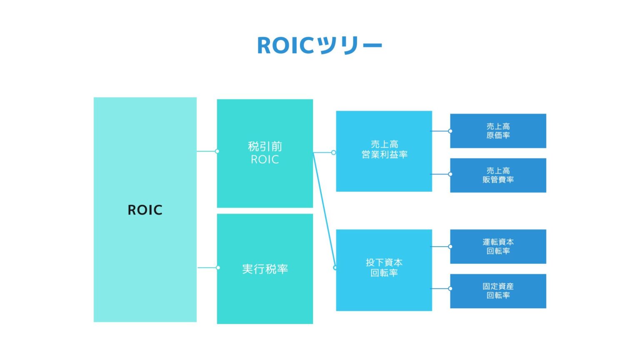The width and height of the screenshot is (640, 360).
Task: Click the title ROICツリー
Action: coord(320,45)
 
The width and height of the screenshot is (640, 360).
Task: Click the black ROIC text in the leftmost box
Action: coord(145,210)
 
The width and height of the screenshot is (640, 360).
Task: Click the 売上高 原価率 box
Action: coord(498,131)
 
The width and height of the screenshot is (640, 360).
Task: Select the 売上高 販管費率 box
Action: coord(498,175)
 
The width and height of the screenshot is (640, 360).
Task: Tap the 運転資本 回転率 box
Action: coord(498,247)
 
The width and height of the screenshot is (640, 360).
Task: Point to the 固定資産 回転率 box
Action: coord(498,291)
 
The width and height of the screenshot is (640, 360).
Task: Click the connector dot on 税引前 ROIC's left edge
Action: coord(217,151)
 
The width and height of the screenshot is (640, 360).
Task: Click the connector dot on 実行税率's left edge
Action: coord(217,267)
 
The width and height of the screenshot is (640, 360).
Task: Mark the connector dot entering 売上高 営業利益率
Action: coord(333,152)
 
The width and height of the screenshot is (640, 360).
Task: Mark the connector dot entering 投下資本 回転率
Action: coord(335,267)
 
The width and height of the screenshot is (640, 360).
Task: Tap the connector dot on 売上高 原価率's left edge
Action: coord(450,131)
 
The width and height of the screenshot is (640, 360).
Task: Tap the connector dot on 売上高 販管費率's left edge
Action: coord(450,174)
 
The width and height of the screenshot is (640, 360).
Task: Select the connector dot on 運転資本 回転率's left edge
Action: coord(450,247)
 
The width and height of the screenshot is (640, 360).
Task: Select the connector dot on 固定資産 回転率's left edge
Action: coord(450,288)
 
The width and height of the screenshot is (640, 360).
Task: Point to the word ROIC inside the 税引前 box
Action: coord(265,160)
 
